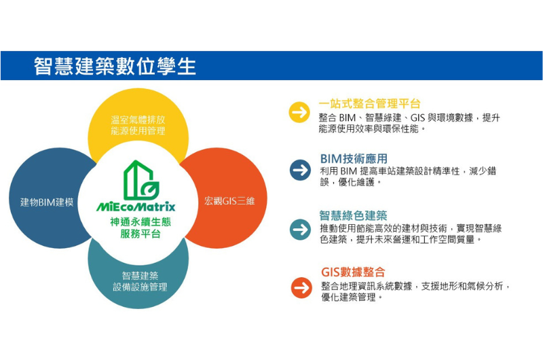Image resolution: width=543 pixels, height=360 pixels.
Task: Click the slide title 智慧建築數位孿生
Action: [115, 66]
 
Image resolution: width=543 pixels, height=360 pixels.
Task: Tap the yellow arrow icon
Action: [299, 112]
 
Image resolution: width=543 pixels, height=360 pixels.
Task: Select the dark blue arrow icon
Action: [300, 170]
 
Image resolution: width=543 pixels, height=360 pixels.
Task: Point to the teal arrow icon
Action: [300, 230]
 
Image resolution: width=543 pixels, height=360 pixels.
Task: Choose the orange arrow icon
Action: [301, 287]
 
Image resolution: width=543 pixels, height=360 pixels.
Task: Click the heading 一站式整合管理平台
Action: [369, 103]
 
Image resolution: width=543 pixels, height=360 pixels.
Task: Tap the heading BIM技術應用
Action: [354, 159]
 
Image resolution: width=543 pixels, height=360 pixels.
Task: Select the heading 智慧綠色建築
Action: [353, 215]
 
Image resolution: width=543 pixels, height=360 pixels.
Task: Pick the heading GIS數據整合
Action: [353, 272]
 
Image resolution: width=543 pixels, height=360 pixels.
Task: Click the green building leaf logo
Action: [141, 180]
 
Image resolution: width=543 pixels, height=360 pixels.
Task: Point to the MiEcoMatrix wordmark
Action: [136, 206]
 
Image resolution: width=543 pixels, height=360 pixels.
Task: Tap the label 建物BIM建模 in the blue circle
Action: [47, 202]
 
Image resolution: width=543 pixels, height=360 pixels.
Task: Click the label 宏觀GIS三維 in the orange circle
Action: [229, 201]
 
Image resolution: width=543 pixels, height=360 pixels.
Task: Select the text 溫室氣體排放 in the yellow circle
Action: [138, 120]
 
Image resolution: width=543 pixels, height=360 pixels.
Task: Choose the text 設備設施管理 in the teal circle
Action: [140, 287]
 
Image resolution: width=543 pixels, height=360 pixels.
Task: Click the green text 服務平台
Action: [141, 234]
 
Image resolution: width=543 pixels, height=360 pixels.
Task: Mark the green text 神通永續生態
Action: [141, 221]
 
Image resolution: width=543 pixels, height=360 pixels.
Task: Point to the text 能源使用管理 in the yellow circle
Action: [138, 131]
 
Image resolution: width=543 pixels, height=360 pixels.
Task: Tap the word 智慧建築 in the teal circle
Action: [140, 276]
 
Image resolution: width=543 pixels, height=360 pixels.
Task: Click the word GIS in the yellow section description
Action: [417, 118]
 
